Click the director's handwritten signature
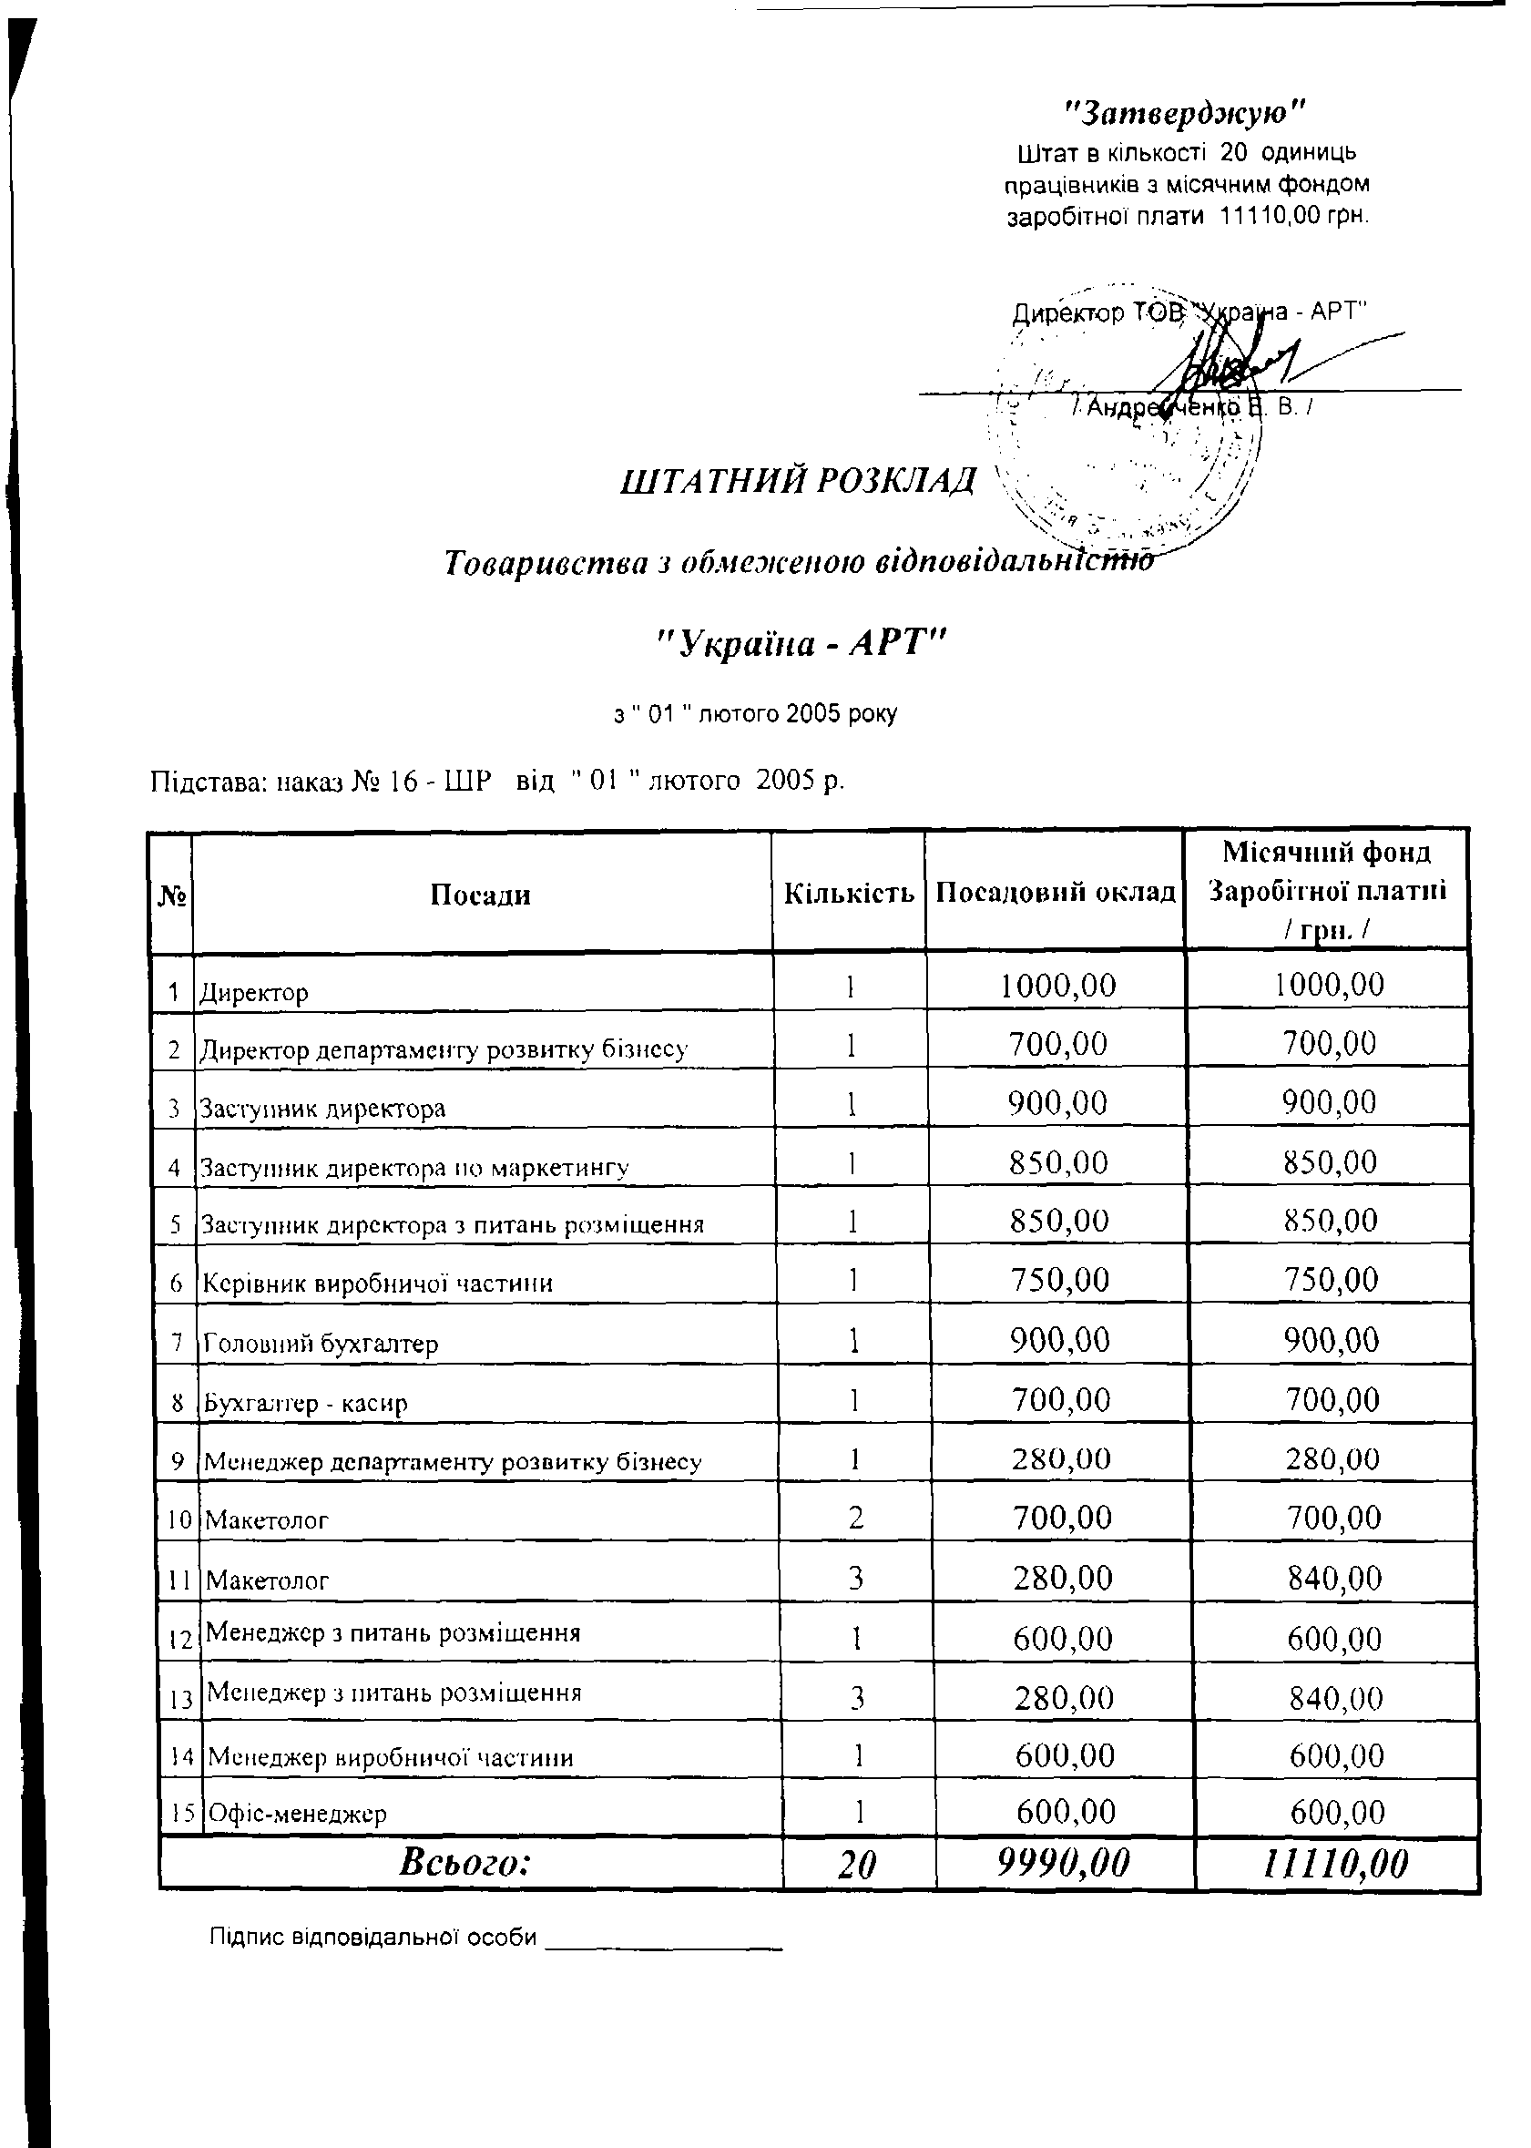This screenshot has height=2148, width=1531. coord(1226,363)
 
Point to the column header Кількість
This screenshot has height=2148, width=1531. coord(849,893)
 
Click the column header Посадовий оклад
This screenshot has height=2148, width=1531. coord(1056,892)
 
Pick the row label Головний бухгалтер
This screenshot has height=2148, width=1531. coord(321,1343)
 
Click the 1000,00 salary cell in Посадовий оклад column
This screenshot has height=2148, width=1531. coord(1057,987)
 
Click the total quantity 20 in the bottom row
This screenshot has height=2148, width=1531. coord(856,1865)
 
